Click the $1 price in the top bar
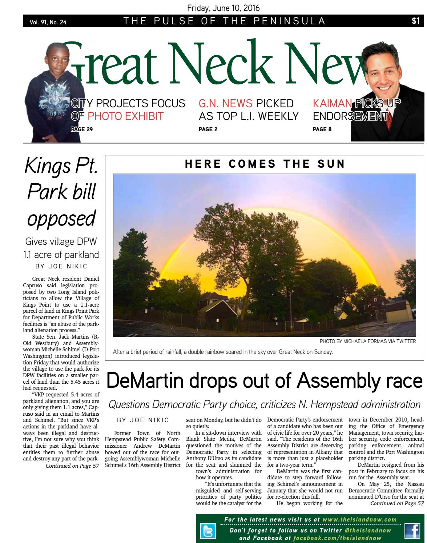click(x=415, y=21)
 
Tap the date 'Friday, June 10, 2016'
click(x=223, y=8)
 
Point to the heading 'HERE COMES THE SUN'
click(x=265, y=164)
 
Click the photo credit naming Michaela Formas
click(x=367, y=341)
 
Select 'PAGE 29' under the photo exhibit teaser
click(x=82, y=129)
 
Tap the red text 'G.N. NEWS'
click(x=225, y=104)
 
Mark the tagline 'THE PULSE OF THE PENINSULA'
click(x=224, y=21)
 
